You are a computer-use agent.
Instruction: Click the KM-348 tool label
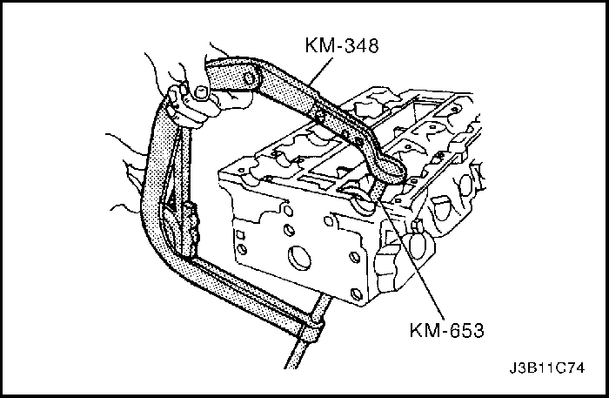[x=341, y=45]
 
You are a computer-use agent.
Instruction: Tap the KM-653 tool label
[x=446, y=330]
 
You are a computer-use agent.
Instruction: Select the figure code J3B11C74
[x=547, y=368]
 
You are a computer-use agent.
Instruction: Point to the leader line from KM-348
[x=322, y=70]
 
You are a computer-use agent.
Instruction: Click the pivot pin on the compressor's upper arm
[x=250, y=79]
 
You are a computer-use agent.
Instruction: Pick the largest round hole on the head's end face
[x=299, y=257]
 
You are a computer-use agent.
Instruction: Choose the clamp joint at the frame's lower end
[x=312, y=327]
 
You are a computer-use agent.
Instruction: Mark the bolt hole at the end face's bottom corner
[x=356, y=293]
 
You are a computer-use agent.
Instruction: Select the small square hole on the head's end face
[x=240, y=235]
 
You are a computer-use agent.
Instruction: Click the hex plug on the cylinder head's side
[x=416, y=226]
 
